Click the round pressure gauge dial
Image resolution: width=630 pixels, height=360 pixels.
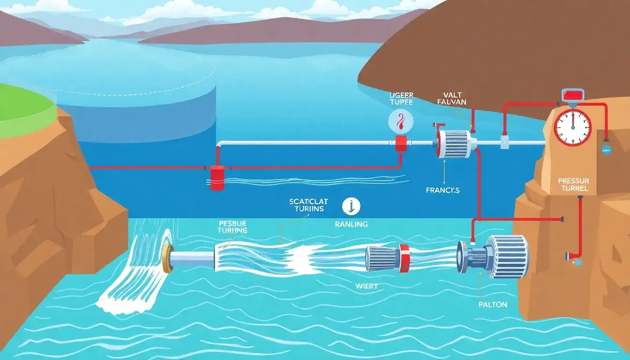tap(572, 127)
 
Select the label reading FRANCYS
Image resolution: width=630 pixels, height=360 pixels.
tap(443, 190)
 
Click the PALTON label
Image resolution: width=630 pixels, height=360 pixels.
tap(493, 304)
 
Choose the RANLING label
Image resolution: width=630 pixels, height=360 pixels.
tap(352, 224)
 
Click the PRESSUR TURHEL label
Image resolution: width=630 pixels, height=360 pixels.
tap(573, 185)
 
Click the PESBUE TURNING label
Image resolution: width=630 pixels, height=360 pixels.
tap(233, 226)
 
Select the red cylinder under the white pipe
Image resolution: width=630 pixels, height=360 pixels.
tap(217, 177)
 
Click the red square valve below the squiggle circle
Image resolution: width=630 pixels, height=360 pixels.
tap(401, 143)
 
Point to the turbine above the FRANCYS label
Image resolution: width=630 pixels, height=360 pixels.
tap(453, 144)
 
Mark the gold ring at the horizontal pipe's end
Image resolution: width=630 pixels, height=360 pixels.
tap(168, 258)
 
